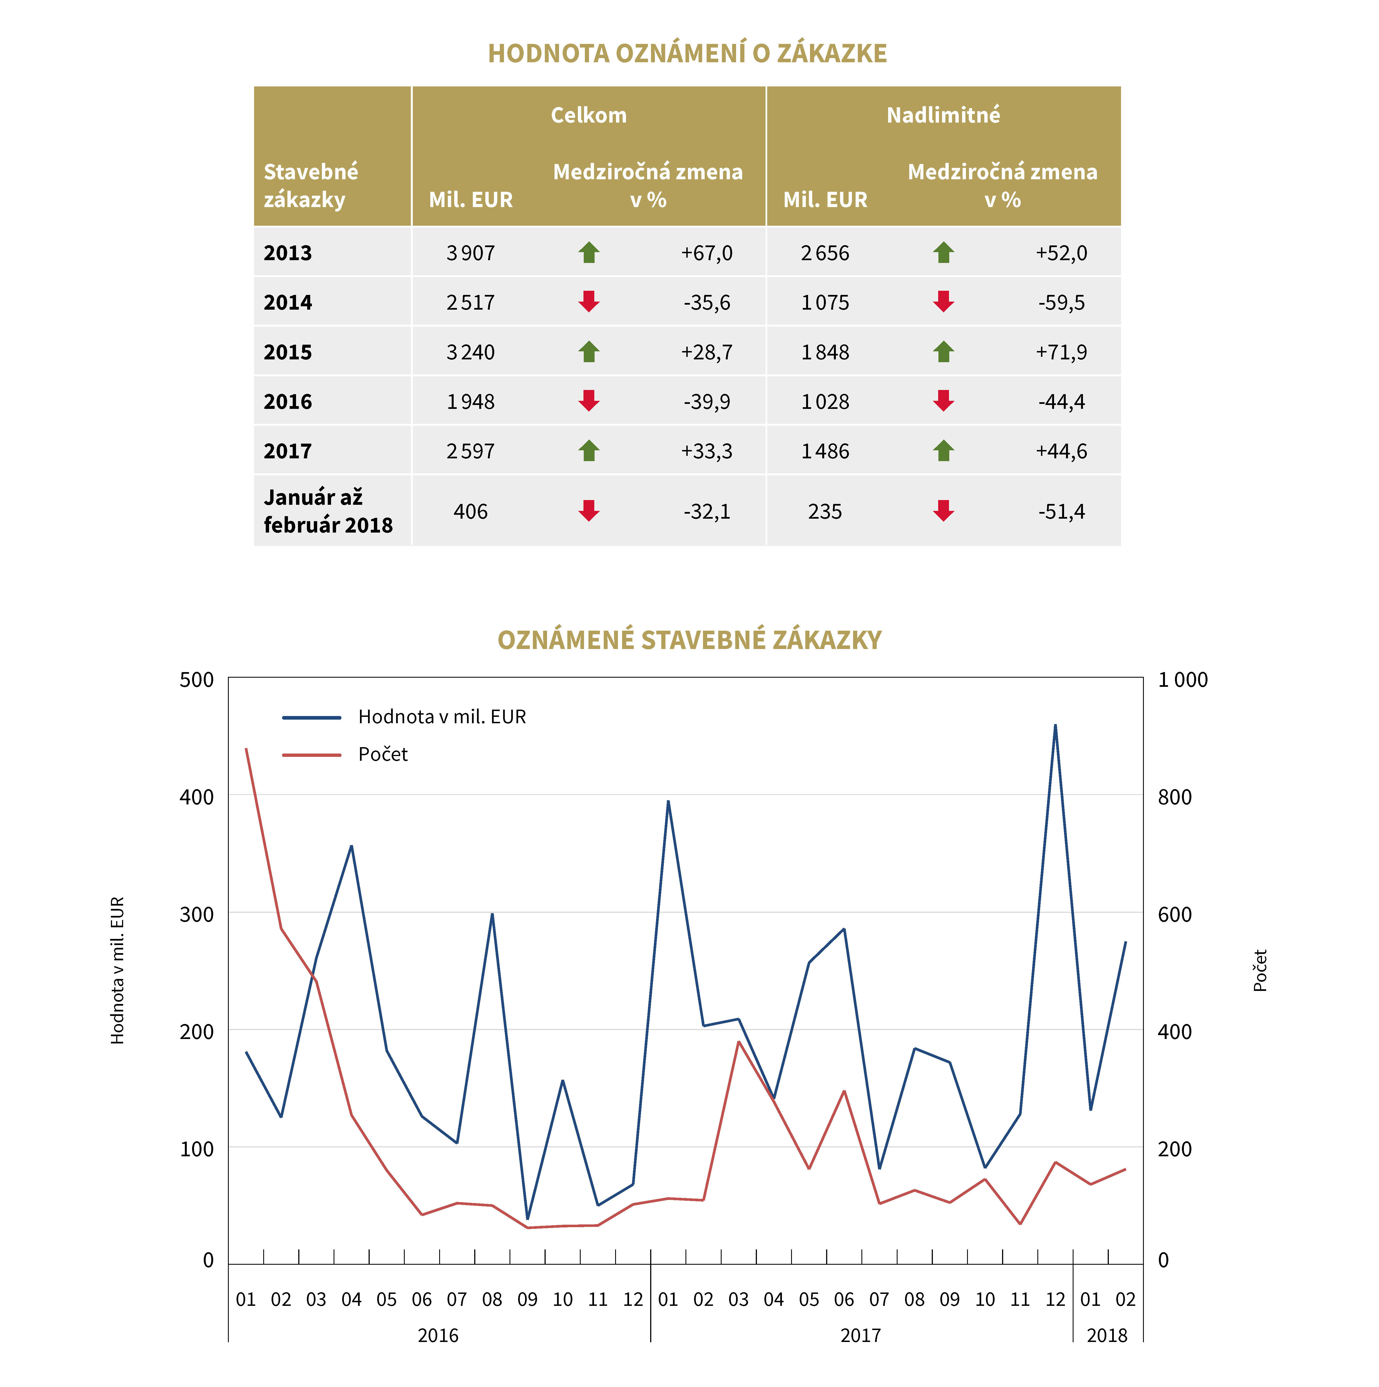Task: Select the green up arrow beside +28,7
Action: [x=589, y=352]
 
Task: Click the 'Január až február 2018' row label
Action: [x=328, y=511]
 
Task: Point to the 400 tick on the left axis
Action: [x=196, y=797]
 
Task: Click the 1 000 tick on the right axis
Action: [x=1182, y=680]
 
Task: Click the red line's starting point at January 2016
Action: [x=246, y=749]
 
